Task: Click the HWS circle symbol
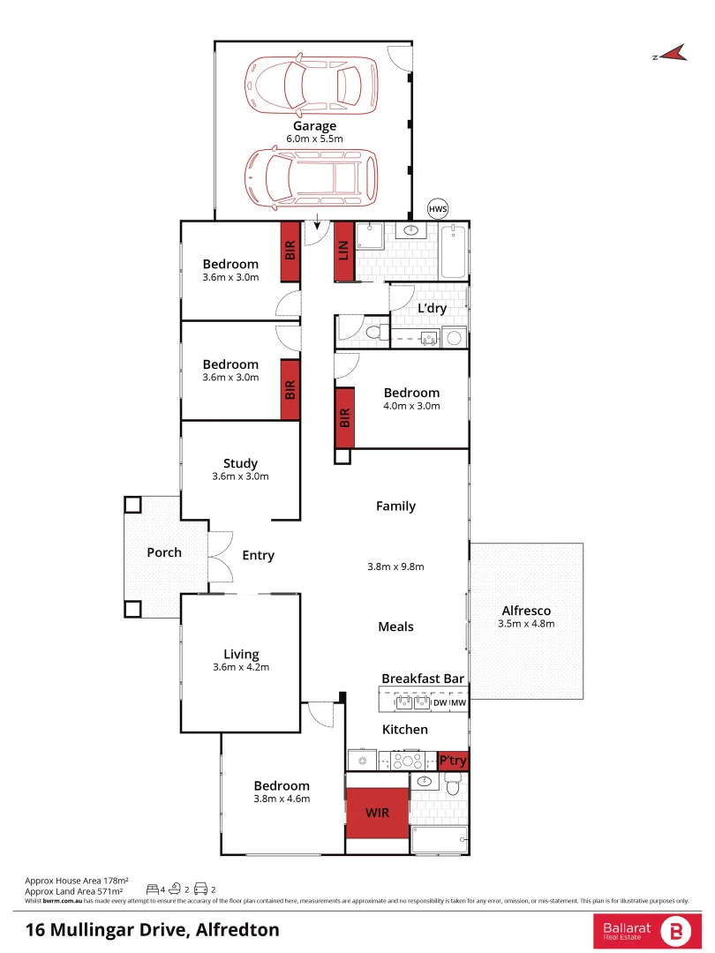[438, 209]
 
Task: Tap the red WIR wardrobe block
[377, 812]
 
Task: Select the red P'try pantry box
[453, 761]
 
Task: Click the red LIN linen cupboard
[344, 251]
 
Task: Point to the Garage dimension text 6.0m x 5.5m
[314, 139]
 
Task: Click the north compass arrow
[672, 54]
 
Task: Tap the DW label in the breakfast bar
[440, 702]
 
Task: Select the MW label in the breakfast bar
[458, 702]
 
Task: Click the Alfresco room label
[526, 611]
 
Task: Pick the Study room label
[240, 463]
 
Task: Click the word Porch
[164, 552]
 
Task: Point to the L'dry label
[432, 308]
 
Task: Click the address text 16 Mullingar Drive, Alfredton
[152, 929]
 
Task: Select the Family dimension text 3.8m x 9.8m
[395, 567]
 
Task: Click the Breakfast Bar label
[423, 679]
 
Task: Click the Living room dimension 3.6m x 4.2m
[240, 667]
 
